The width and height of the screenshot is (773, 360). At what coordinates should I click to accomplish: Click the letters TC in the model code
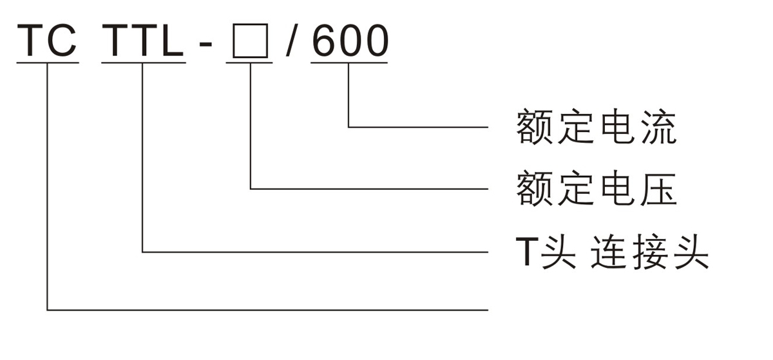[47, 40]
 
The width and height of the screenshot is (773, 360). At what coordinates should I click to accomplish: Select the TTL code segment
[143, 40]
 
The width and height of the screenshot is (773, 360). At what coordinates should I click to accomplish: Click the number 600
[350, 40]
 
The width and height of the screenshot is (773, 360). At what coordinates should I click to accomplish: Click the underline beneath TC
[47, 63]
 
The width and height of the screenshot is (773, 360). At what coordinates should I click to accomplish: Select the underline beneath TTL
[143, 63]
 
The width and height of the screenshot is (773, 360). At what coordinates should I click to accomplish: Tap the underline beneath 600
[350, 63]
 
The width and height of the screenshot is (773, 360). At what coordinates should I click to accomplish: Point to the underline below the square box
[249, 63]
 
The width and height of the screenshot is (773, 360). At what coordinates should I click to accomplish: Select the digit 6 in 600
[324, 40]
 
